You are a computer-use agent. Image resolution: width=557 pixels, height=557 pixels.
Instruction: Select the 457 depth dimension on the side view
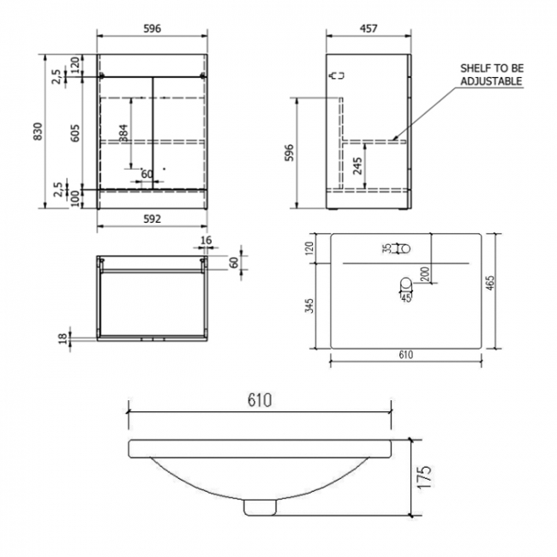point(368,27)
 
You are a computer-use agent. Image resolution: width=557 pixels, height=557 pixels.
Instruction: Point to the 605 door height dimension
point(75,132)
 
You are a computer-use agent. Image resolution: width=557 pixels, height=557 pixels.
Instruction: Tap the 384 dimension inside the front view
point(123,133)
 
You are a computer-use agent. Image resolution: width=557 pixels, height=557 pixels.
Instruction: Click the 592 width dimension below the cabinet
point(152,219)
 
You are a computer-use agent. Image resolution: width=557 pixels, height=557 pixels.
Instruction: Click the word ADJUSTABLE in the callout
point(491,81)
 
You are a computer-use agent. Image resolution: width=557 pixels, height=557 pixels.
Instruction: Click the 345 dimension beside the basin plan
point(309,306)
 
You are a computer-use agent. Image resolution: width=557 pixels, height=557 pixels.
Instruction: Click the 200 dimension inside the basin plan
point(426,273)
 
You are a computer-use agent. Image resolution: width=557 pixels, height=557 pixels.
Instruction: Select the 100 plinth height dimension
point(75,198)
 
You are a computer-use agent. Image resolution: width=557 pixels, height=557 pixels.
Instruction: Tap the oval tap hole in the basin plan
point(403,249)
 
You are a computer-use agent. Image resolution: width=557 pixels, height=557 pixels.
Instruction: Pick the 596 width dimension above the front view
point(153,27)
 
